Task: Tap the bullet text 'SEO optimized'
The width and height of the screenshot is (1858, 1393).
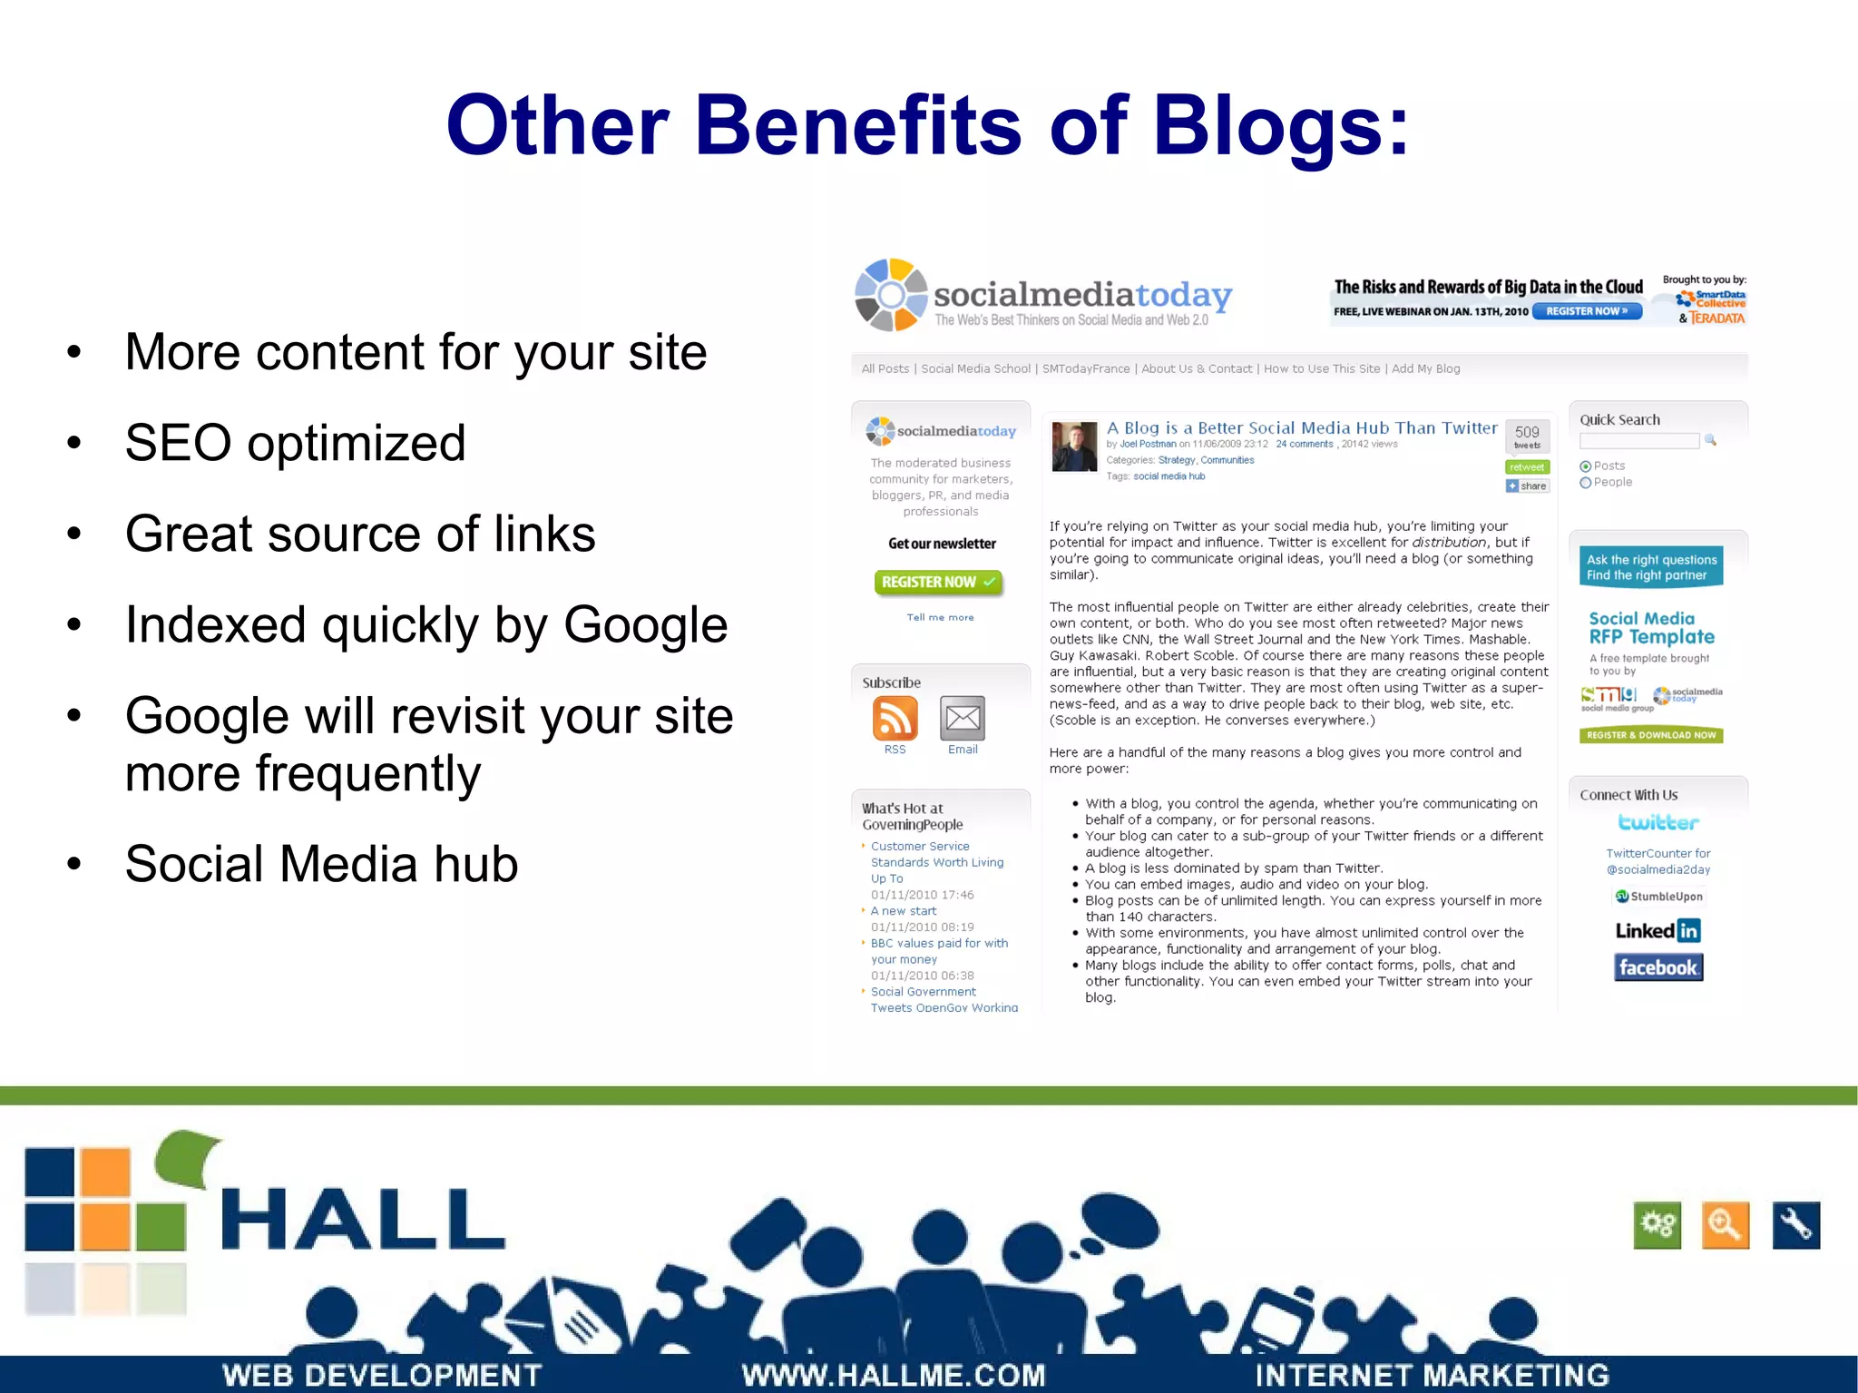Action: [295, 443]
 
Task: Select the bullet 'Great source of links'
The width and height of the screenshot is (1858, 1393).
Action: [360, 534]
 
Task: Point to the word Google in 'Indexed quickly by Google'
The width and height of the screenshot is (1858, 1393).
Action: [645, 624]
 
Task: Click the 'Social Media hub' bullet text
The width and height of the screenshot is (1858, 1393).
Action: [321, 863]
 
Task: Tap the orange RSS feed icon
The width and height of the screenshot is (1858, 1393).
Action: [895, 719]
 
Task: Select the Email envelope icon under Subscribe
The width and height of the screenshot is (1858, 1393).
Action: [963, 719]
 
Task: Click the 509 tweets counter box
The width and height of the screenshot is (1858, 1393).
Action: [1527, 436]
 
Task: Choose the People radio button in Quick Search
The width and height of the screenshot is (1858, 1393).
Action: [1586, 483]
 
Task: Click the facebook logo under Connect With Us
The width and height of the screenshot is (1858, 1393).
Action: [1658, 967]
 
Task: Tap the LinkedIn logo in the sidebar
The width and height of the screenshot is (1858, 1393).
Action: [1658, 930]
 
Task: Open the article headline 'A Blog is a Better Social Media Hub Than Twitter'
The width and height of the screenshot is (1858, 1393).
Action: [1302, 427]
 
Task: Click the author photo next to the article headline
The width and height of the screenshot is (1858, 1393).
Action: [1074, 446]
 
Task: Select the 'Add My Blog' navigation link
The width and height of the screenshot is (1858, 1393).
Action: [1425, 368]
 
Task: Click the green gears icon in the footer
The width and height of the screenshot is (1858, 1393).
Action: [1657, 1225]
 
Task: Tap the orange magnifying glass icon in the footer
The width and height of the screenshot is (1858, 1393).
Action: [1725, 1225]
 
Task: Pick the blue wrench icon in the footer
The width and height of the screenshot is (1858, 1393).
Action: [1795, 1225]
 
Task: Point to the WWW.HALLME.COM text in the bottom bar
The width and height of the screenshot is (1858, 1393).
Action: [894, 1375]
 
